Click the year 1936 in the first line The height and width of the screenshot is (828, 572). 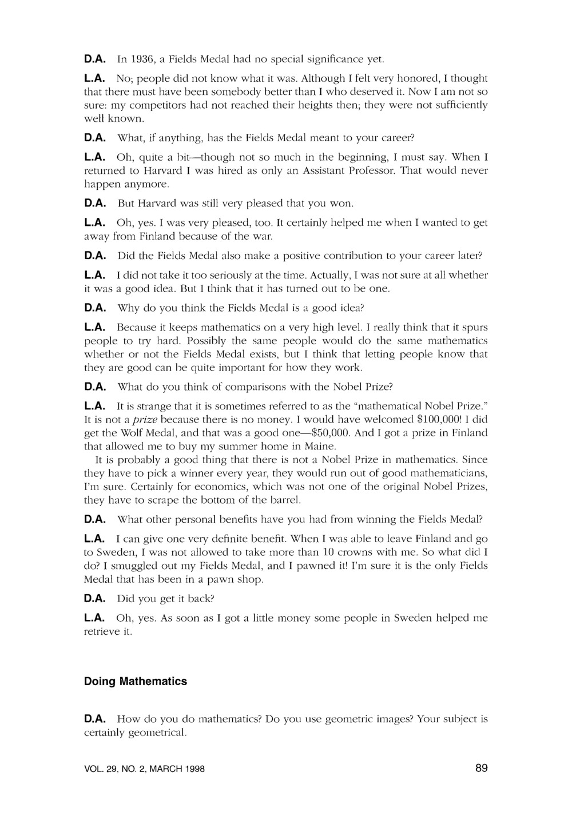(x=142, y=59)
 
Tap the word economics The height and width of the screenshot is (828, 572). (x=213, y=487)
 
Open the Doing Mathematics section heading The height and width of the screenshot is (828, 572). (x=136, y=682)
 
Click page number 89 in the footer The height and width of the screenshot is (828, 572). (x=481, y=768)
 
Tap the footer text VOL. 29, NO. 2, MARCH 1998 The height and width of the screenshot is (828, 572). (x=144, y=769)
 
